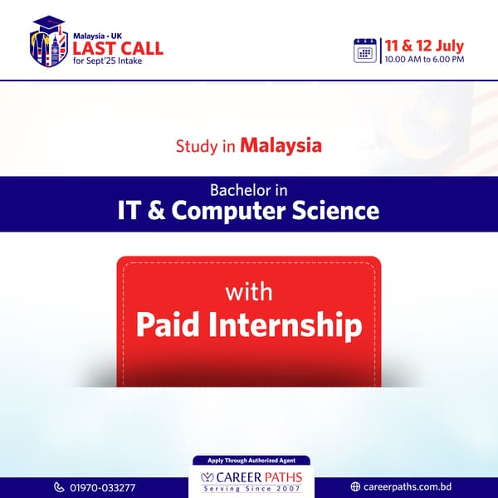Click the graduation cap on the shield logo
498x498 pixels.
coord(49,23)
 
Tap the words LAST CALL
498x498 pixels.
coord(118,49)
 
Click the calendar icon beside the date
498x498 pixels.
coord(365,51)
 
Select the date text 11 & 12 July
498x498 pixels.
coord(424,46)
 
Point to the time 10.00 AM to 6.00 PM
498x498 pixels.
coord(424,60)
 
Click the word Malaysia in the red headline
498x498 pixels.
coord(281,146)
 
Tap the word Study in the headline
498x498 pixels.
coord(193,146)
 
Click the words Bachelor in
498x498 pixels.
coord(249,191)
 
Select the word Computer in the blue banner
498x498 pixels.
coord(228,211)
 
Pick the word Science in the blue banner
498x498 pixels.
coord(335,210)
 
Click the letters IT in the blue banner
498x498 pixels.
coord(129,210)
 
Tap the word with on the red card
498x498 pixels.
coord(249,292)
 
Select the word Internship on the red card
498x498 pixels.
coord(286,326)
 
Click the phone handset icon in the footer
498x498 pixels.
coord(59,487)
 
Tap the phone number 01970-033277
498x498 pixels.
coord(103,487)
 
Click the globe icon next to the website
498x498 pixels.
coord(355,486)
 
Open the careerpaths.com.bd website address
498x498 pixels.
coord(408,486)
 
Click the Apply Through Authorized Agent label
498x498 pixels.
coord(251,460)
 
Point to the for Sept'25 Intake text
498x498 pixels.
coord(107,61)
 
